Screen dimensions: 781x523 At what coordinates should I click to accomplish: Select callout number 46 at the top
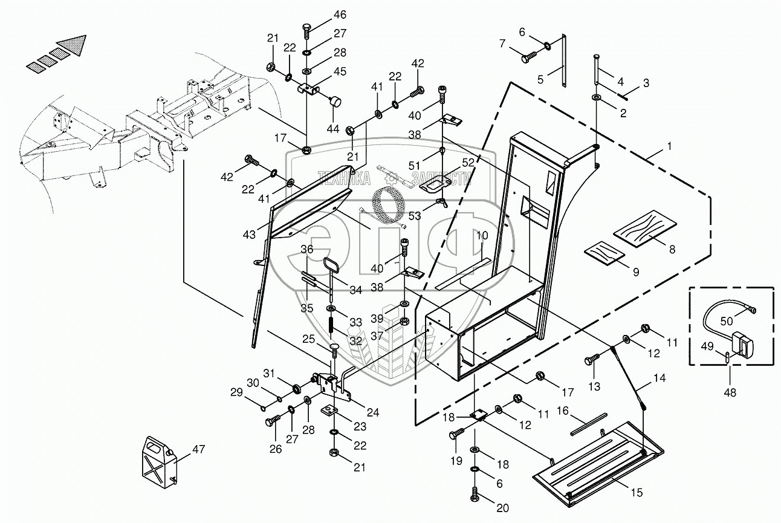[340, 15]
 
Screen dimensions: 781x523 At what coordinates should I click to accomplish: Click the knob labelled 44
[335, 102]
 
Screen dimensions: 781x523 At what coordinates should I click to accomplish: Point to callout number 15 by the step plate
[637, 492]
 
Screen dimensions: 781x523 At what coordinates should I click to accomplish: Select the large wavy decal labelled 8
[645, 229]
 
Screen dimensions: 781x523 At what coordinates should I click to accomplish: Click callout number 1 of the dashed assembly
[669, 146]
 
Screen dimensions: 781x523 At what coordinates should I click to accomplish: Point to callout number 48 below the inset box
[730, 392]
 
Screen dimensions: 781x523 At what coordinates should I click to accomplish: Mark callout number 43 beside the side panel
[249, 235]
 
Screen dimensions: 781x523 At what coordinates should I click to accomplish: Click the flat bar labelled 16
[589, 424]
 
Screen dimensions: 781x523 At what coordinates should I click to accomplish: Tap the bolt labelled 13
[592, 359]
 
